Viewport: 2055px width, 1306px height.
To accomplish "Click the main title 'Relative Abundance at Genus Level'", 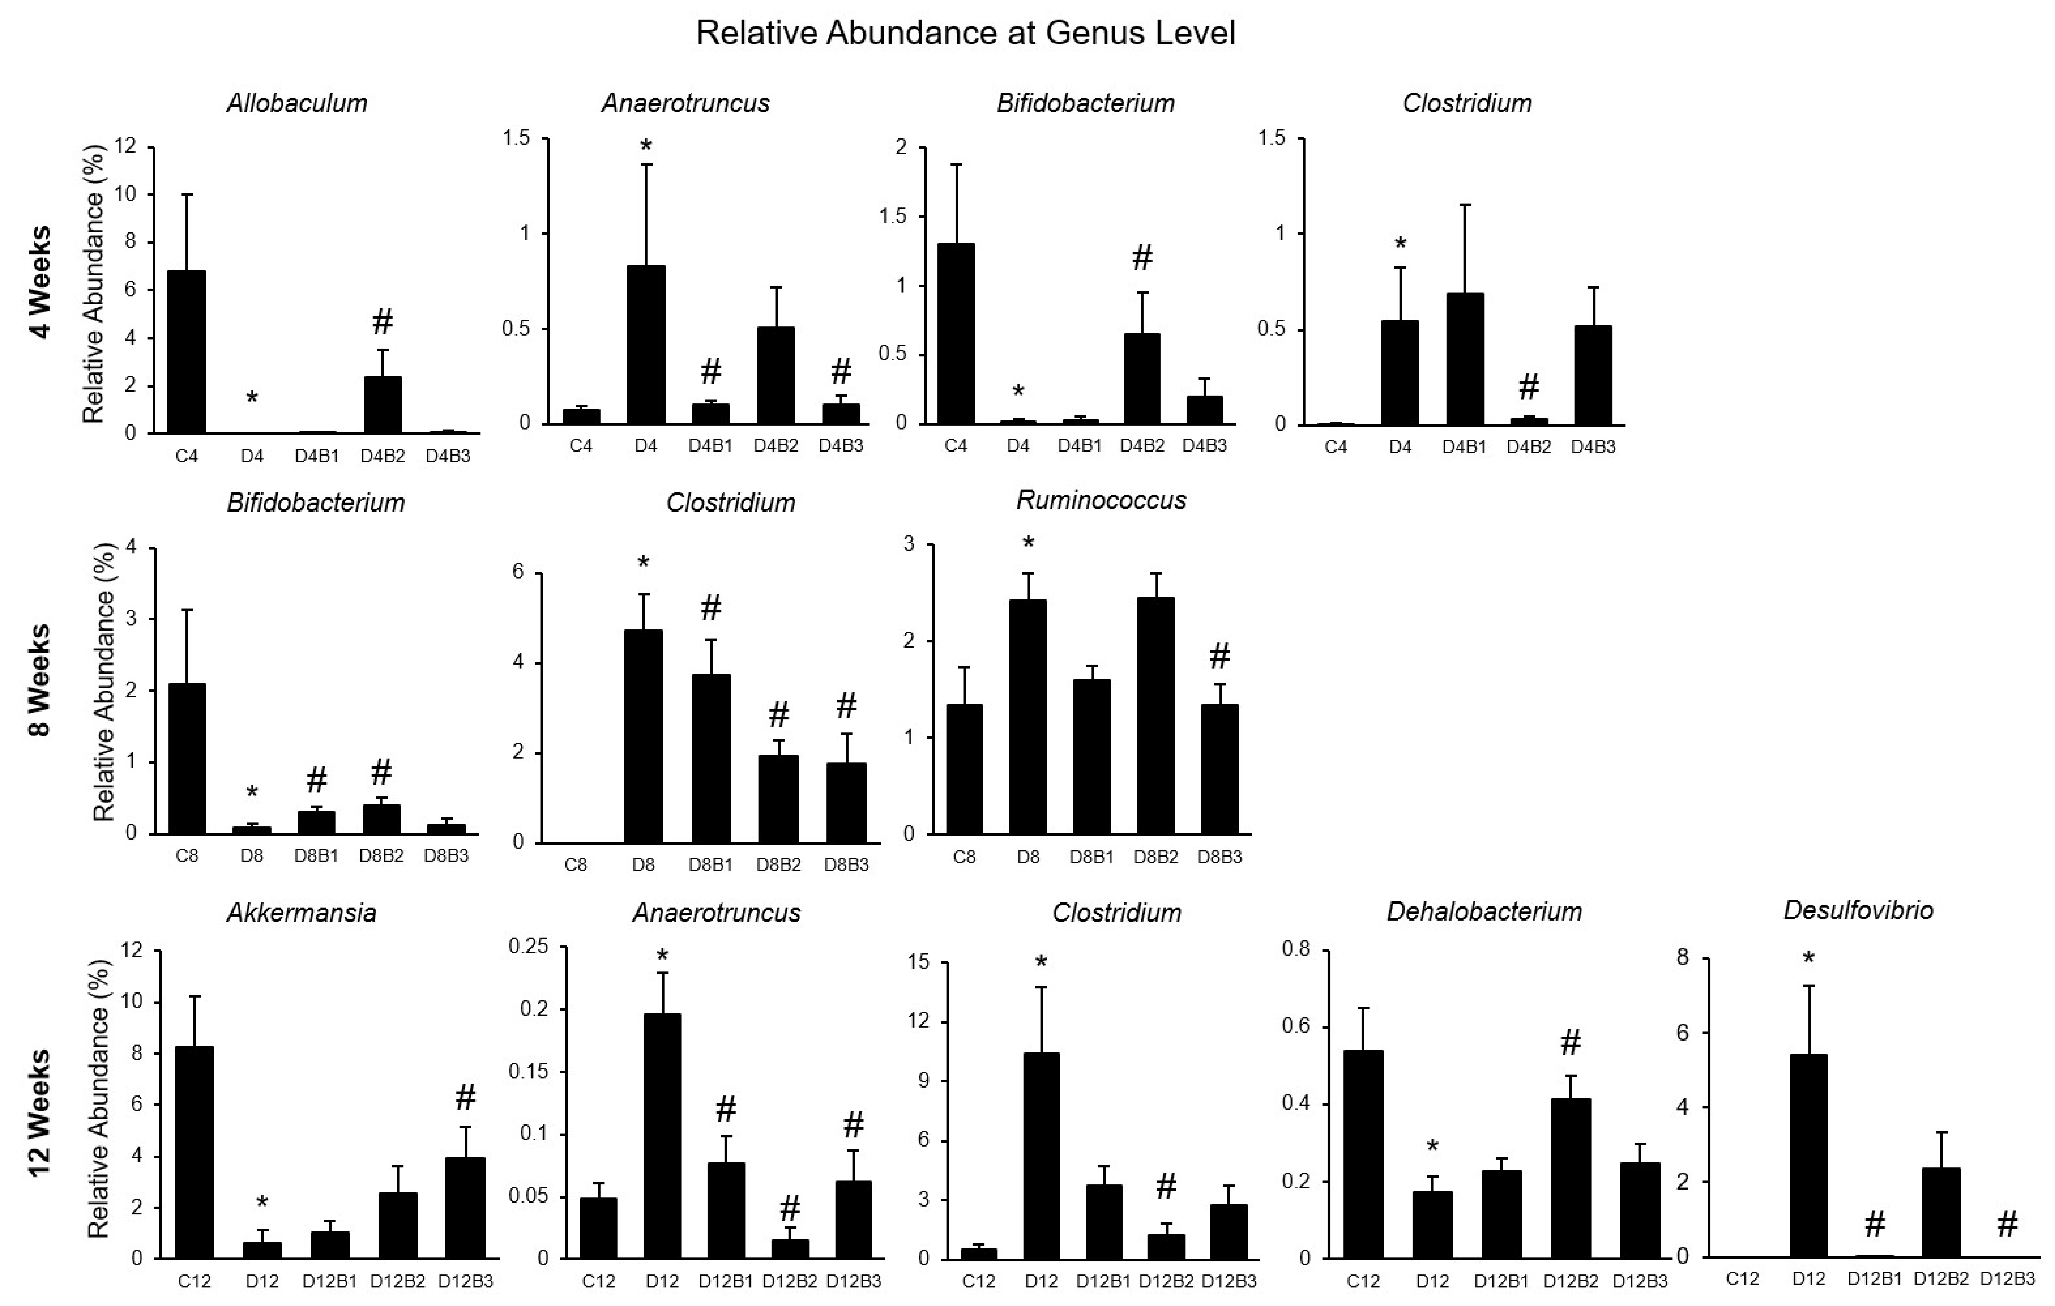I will [x=965, y=33].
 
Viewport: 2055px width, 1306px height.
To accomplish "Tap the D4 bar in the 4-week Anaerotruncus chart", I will [x=646, y=345].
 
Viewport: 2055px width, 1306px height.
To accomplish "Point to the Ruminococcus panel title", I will [x=1101, y=500].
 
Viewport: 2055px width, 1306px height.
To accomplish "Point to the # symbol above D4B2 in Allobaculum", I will [x=382, y=323].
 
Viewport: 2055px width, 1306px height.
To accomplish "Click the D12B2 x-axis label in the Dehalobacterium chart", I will [x=1570, y=1280].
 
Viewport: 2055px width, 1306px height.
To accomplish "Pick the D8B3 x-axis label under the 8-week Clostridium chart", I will [x=846, y=864].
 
